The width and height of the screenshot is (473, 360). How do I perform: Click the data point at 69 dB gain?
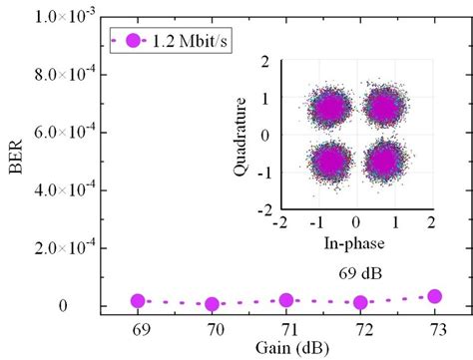point(138,300)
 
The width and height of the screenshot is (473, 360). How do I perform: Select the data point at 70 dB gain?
point(212,303)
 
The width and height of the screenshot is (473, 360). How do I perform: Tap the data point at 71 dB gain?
point(286,300)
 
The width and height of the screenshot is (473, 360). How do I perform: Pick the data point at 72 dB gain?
point(360,302)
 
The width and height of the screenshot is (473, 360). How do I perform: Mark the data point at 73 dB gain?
point(434,296)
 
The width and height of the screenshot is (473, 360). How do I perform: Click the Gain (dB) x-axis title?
point(285,347)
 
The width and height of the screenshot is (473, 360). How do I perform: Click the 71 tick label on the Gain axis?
point(286,328)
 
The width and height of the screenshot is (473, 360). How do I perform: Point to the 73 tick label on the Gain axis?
point(434,328)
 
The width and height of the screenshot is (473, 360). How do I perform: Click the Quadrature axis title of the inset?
point(240,136)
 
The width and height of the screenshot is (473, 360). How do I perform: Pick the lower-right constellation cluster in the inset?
point(384,161)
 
